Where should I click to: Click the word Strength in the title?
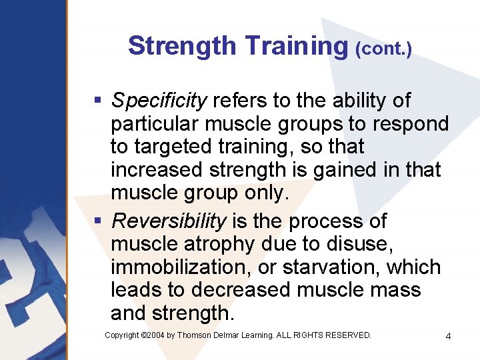[182, 46]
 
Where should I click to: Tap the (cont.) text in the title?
[384, 49]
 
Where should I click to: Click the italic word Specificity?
[159, 101]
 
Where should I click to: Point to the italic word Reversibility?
[169, 221]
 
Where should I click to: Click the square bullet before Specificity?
[97, 101]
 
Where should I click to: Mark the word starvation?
[333, 267]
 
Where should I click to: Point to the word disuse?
[361, 244]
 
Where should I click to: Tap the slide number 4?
[448, 336]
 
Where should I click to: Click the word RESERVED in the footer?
[346, 335]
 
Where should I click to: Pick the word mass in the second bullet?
[397, 291]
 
